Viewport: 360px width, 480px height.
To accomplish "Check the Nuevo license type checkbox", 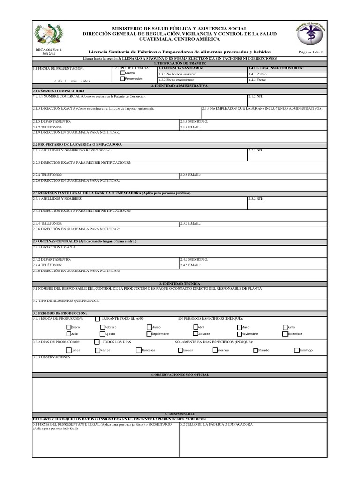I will pos(123,73).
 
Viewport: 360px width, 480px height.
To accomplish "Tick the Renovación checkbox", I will pos(123,79).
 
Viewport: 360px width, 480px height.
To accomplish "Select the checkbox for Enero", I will pos(69,327).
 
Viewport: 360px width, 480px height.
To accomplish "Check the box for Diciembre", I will pos(285,334).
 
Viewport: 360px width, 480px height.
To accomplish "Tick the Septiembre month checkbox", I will pos(149,334).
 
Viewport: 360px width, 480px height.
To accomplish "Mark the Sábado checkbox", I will pos(255,350).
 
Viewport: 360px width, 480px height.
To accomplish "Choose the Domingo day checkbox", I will pos(297,350).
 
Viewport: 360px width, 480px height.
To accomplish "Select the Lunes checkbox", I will pos(69,350).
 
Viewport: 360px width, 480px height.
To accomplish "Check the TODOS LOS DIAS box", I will pos(97,342).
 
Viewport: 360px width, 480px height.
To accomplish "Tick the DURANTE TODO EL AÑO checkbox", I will pos(97,319).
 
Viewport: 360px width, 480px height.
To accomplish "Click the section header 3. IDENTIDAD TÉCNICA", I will pos(180,284).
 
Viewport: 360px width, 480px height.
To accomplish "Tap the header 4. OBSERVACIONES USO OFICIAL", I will pos(180,375).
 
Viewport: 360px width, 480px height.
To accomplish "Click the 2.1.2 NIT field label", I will pos(256,96).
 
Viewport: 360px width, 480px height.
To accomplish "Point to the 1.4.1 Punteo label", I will pos(259,74).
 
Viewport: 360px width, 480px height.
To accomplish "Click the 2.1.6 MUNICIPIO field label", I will pos(194,121).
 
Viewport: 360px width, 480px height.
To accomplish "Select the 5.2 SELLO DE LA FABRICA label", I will pos(217,424).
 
